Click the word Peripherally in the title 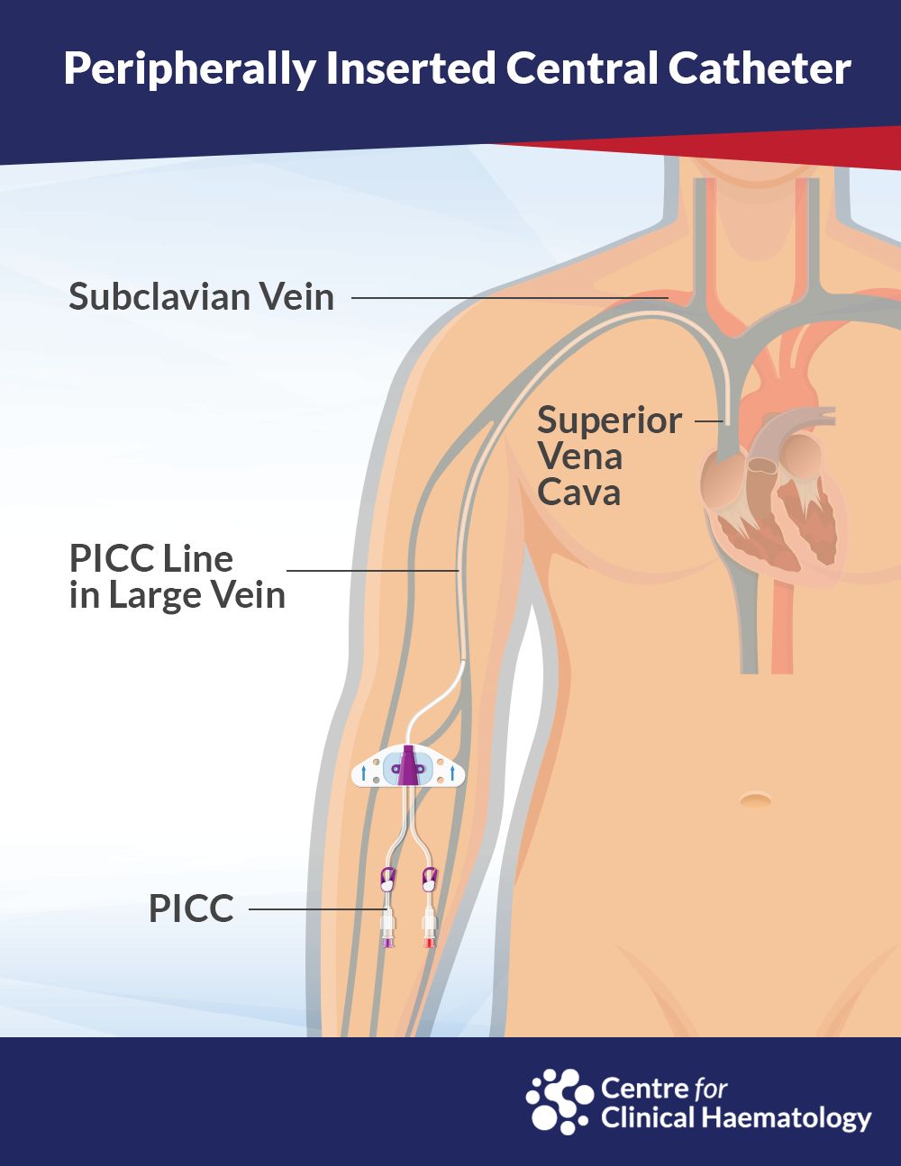pos(189,69)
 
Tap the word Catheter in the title pos(760,68)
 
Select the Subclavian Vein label pos(201,296)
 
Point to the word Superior pos(609,421)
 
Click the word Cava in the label pos(578,493)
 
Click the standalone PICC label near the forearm pos(191,908)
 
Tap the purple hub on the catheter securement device pos(408,765)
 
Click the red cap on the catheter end pos(429,943)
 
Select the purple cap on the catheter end pos(387,943)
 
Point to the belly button pos(755,801)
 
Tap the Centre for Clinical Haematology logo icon pos(560,1101)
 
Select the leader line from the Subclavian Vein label pos(510,297)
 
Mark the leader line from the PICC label pos(317,909)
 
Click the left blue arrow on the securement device pos(363,773)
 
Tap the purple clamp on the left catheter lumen pos(387,879)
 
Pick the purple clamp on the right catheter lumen pos(429,879)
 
